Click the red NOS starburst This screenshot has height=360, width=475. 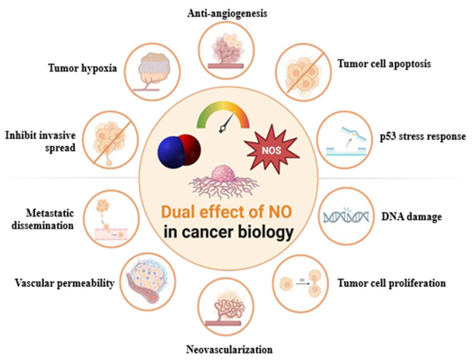pyautogui.click(x=272, y=149)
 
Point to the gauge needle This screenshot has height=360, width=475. pyautogui.click(x=227, y=123)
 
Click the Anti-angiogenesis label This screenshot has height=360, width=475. pyautogui.click(x=227, y=13)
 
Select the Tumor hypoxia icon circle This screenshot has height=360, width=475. pyautogui.click(x=153, y=72)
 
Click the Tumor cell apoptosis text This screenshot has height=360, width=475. pyautogui.click(x=384, y=64)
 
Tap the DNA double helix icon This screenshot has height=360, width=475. pyautogui.click(x=346, y=215)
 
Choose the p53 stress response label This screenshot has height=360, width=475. pyautogui.click(x=423, y=136)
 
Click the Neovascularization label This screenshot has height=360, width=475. pyautogui.click(x=229, y=350)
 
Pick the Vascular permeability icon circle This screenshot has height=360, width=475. pyautogui.click(x=148, y=282)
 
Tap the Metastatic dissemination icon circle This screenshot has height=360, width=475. pyautogui.click(x=111, y=219)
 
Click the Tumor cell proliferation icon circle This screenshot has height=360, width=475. pyautogui.click(x=301, y=284)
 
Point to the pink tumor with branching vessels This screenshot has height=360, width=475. pyautogui.click(x=223, y=181)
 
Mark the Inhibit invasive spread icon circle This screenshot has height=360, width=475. pyautogui.click(x=111, y=140)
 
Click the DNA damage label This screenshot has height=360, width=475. pyautogui.click(x=411, y=217)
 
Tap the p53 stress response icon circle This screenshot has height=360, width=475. pyautogui.click(x=344, y=140)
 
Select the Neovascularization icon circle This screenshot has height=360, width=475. pyautogui.click(x=226, y=306)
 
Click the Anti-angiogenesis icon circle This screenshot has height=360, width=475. pyautogui.click(x=226, y=50)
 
